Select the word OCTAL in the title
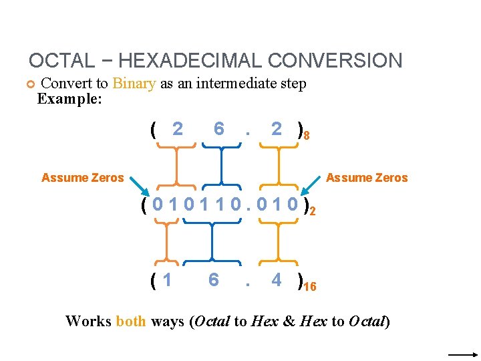(x=62, y=61)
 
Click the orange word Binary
(x=134, y=84)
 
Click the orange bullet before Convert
(x=29, y=84)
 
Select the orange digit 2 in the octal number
(x=177, y=128)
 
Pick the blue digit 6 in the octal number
(x=218, y=128)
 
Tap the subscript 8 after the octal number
(x=305, y=136)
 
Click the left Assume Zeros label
(x=82, y=178)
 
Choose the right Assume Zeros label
(x=367, y=178)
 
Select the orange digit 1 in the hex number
(x=167, y=279)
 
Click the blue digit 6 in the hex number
(x=213, y=279)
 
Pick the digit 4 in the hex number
(x=276, y=279)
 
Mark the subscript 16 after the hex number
(x=310, y=287)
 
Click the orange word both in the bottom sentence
(x=130, y=322)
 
